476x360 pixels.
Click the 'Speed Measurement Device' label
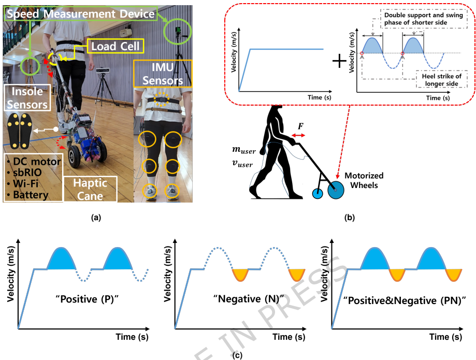pyautogui.click(x=81, y=14)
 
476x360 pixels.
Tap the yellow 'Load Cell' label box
pyautogui.click(x=116, y=47)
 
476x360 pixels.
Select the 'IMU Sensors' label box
pyautogui.click(x=158, y=75)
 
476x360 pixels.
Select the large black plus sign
pyautogui.click(x=340, y=62)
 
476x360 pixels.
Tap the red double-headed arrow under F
pyautogui.click(x=299, y=135)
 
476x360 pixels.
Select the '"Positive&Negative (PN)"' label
pyautogui.click(x=398, y=300)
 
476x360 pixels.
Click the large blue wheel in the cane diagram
pyautogui.click(x=335, y=192)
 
